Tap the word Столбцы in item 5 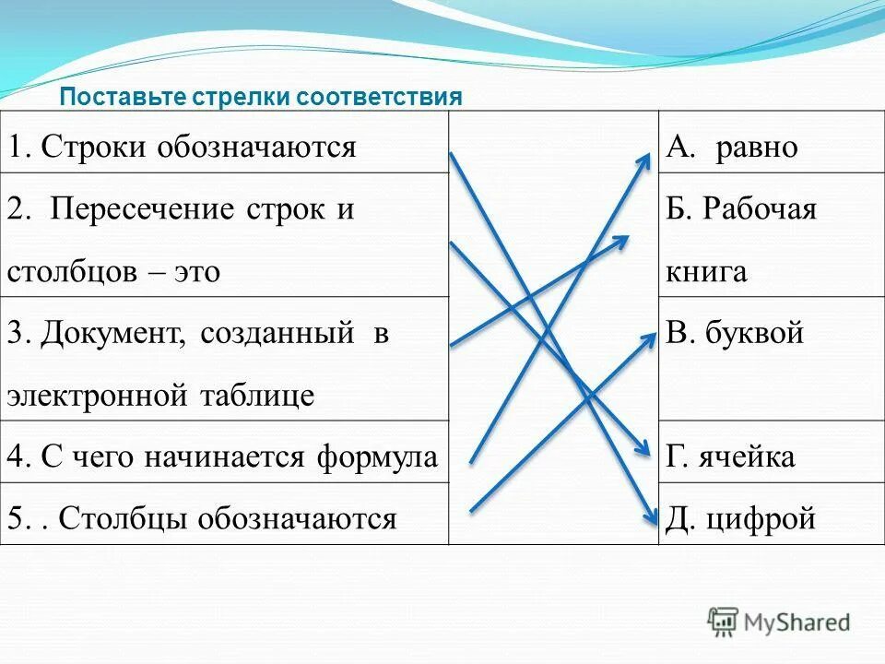pos(120,519)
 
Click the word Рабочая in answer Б pos(761,209)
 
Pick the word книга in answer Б pos(705,272)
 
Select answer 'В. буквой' pos(735,334)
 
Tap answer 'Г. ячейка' pos(730,456)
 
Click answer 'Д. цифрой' pos(740,519)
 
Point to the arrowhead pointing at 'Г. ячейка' pos(645,449)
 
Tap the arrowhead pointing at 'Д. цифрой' pos(648,517)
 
